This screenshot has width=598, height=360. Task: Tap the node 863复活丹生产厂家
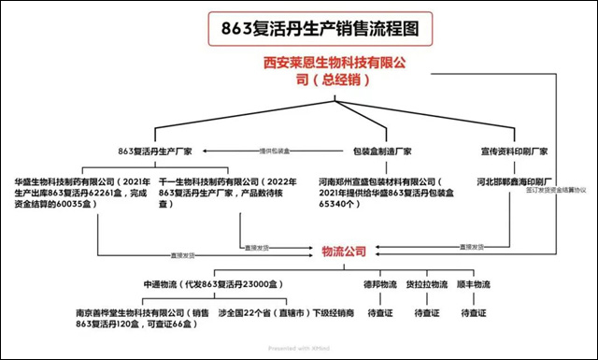(x=155, y=151)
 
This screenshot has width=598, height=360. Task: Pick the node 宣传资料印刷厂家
(x=514, y=151)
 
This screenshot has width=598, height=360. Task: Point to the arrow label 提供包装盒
(x=274, y=151)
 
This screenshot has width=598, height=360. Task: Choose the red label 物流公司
(x=344, y=251)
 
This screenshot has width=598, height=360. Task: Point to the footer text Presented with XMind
(x=298, y=349)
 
